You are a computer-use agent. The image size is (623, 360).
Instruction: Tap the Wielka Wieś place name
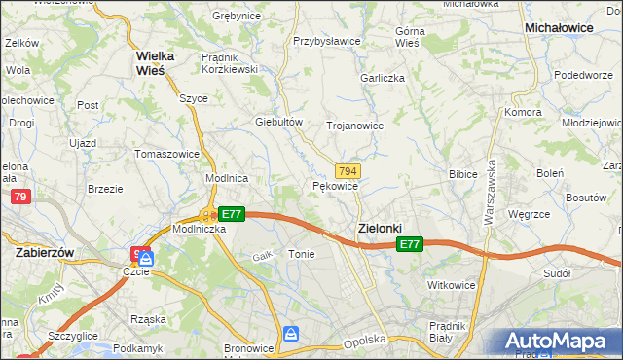pyautogui.click(x=155, y=62)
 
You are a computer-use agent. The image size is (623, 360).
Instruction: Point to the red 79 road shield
pyautogui.click(x=19, y=197)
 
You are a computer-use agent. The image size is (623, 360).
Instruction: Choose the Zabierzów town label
pyautogui.click(x=46, y=251)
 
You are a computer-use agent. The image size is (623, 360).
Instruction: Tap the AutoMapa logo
pyautogui.click(x=558, y=342)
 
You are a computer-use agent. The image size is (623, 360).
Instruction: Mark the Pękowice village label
pyautogui.click(x=336, y=185)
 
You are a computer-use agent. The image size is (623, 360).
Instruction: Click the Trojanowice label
pyautogui.click(x=354, y=126)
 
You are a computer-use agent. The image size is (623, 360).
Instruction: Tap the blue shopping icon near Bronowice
pyautogui.click(x=291, y=334)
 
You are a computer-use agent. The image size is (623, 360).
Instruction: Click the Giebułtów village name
pyautogui.click(x=279, y=122)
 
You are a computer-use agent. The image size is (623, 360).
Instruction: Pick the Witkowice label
pyautogui.click(x=450, y=285)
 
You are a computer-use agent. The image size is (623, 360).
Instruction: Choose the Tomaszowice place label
pyautogui.click(x=167, y=154)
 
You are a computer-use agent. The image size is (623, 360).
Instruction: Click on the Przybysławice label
pyautogui.click(x=327, y=42)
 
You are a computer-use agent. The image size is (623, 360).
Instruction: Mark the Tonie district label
pyautogui.click(x=301, y=253)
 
